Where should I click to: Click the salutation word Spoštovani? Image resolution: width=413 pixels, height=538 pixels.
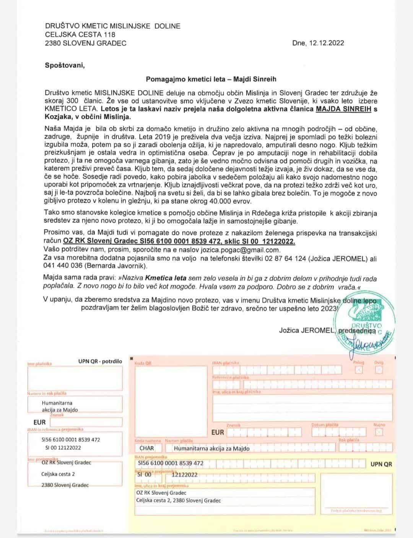tap(65, 65)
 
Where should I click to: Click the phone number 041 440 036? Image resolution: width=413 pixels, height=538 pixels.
tap(63, 266)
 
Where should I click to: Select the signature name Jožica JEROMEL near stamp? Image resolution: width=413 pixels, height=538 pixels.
tap(306, 330)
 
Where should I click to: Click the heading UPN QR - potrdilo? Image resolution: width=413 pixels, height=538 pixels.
tap(100, 361)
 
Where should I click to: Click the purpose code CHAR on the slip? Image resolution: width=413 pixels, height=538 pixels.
tap(147, 448)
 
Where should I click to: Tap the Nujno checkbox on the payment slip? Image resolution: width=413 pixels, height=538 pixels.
tap(379, 432)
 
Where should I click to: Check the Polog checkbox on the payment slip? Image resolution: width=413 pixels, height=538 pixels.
tap(359, 370)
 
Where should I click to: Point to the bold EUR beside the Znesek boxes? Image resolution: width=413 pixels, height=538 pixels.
tap(218, 432)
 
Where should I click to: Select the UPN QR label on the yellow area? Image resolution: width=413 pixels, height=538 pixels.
tap(381, 464)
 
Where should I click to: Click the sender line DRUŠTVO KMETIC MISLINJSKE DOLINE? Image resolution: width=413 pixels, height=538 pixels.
tap(112, 26)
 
